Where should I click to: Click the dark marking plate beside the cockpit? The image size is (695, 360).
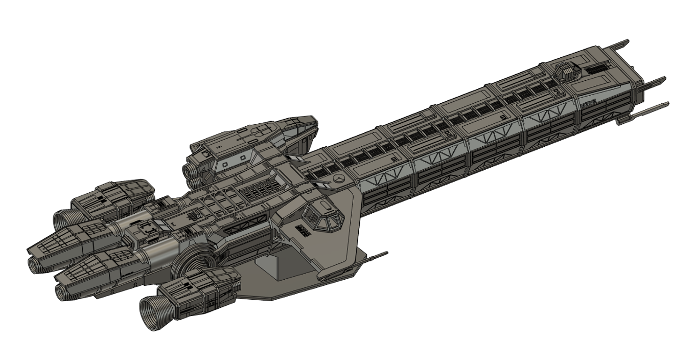pyautogui.click(x=303, y=231)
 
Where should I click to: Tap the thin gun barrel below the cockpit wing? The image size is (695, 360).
pyautogui.click(x=376, y=256)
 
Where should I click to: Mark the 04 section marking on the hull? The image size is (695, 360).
pyautogui.click(x=395, y=159)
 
